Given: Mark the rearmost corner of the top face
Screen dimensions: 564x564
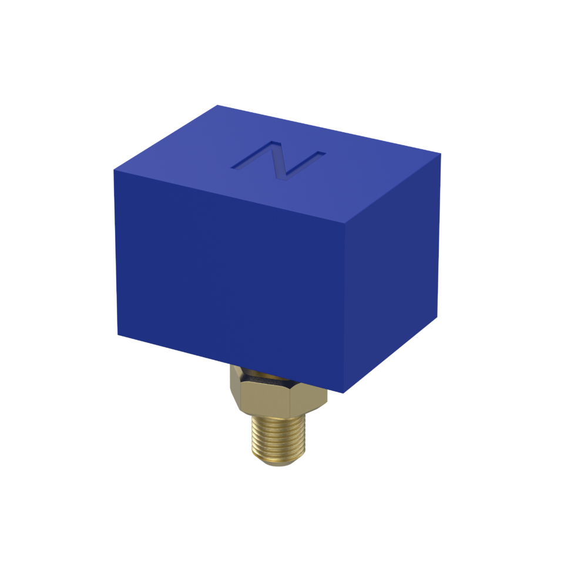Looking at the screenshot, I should (218, 105).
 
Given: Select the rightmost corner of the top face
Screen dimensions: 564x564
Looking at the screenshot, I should (441, 155).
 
